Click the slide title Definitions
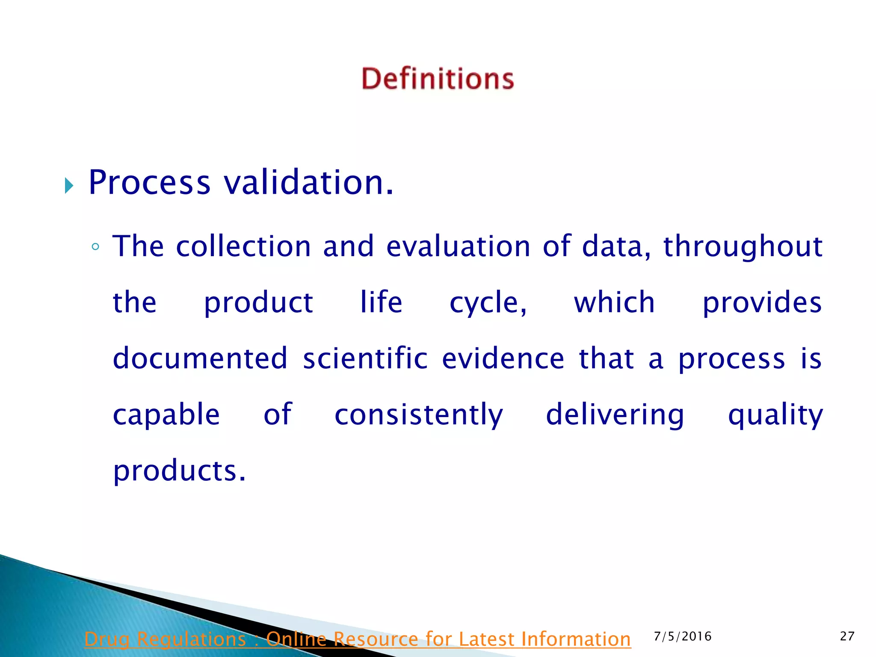(x=438, y=79)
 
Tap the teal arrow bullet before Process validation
(x=69, y=186)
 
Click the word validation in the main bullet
(x=308, y=183)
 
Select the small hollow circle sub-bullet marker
(x=95, y=247)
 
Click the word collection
(x=243, y=246)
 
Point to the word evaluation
(x=458, y=246)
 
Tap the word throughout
(x=743, y=247)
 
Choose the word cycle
(x=488, y=303)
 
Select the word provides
(x=762, y=303)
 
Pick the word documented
(x=200, y=358)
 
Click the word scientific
(x=365, y=358)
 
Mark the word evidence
(x=503, y=358)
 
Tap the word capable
(x=166, y=415)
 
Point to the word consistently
(x=419, y=415)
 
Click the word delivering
(x=615, y=415)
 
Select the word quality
(x=775, y=415)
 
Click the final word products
(x=179, y=471)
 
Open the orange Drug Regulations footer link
(x=358, y=639)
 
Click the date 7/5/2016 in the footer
(x=683, y=636)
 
